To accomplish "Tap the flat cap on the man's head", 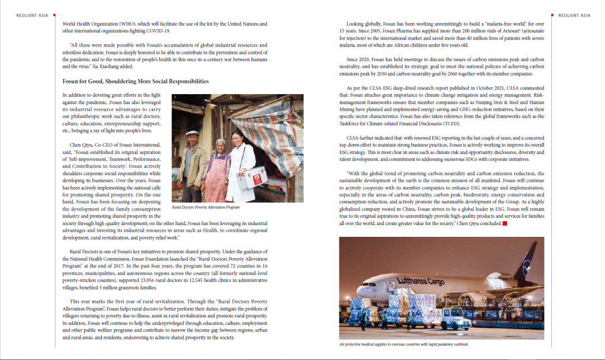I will pos(192,133).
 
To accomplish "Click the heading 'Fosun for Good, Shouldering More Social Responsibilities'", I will pos(136,81).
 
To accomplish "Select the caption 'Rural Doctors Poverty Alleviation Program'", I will pos(206,207).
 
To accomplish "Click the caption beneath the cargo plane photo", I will pos(403,344).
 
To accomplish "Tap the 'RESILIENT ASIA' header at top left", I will pos(32,15).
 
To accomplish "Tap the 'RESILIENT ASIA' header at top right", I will pos(574,15).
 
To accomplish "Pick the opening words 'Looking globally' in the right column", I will pos(364,24).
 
